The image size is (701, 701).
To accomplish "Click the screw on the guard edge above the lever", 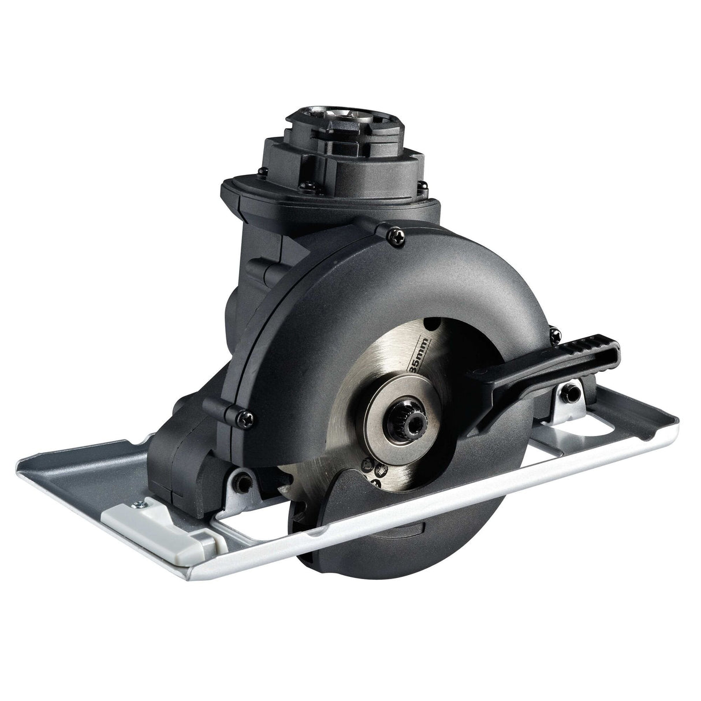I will tap(555, 333).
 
